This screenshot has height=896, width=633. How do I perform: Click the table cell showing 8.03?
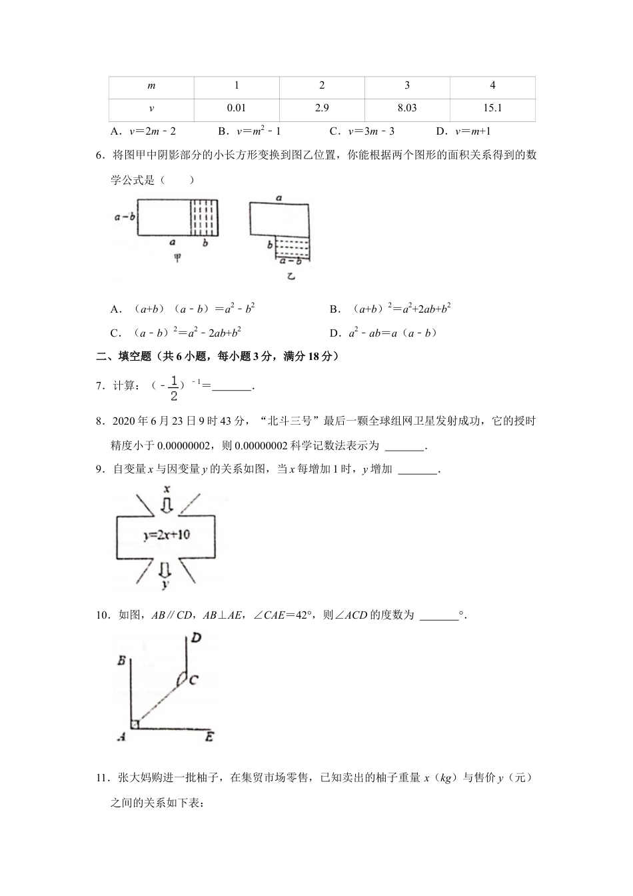tap(407, 108)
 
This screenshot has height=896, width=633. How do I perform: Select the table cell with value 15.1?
tap(492, 108)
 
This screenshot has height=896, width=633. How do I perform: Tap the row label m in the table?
tap(151, 85)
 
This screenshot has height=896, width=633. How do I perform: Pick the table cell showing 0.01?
tap(237, 108)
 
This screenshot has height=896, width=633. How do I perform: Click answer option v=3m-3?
tap(371, 132)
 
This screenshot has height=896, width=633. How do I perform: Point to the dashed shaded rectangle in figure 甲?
tap(206, 217)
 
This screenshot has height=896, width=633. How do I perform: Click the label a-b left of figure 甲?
tap(125, 217)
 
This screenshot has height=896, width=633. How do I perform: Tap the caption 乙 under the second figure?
tap(291, 275)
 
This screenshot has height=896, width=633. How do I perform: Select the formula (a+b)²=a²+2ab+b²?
tap(398, 309)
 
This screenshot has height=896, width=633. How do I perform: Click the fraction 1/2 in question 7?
tap(174, 388)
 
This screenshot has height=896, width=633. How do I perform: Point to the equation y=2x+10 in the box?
tap(166, 535)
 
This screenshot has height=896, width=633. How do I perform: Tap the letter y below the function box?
tap(165, 585)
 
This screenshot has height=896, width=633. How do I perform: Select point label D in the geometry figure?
tap(196, 638)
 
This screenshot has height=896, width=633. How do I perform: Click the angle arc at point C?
tap(180, 678)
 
